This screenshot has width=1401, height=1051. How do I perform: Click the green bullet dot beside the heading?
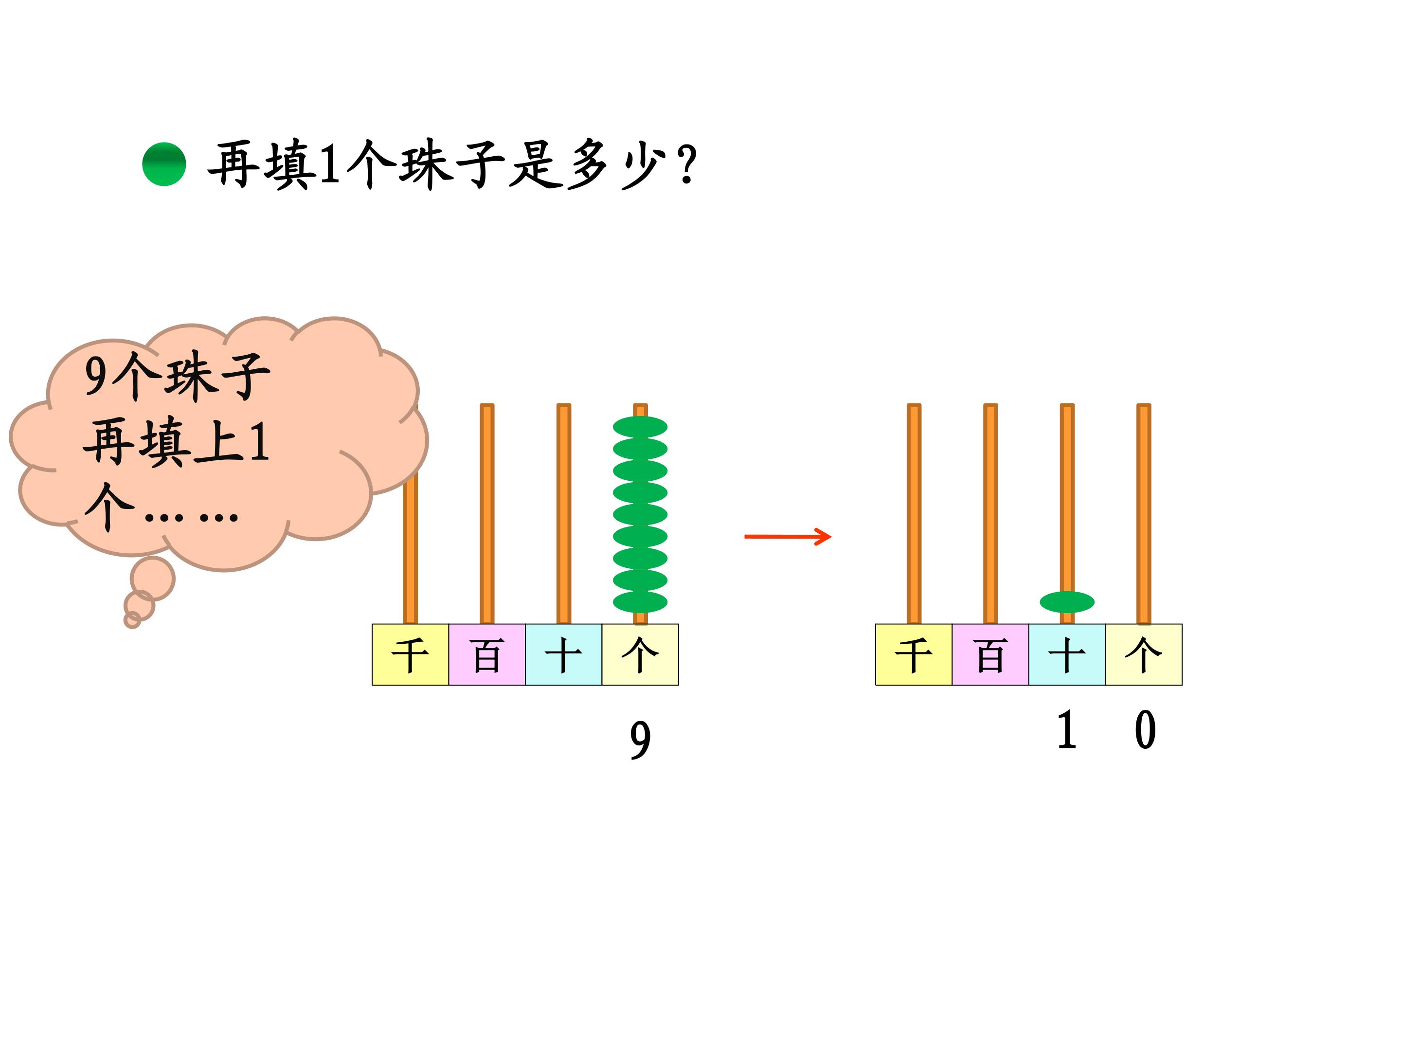coord(164,164)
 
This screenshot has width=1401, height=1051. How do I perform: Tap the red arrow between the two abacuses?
coord(787,537)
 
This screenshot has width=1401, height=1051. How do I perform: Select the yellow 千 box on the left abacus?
coord(411,654)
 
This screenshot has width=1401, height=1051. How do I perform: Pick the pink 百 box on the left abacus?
coord(487,654)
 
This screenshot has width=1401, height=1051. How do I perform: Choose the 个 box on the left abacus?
coord(640,654)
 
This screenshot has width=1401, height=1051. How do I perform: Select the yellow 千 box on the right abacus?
coord(914,654)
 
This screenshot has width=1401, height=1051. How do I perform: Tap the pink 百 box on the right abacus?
coord(990,654)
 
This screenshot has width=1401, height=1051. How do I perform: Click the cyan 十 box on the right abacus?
coord(1067,654)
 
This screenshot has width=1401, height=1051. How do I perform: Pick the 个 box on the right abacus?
coord(1144,654)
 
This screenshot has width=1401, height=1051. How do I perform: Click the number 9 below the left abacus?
coord(640,741)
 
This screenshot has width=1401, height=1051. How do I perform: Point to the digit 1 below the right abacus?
coord(1067,730)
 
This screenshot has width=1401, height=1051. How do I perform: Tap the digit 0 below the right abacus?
coord(1145,730)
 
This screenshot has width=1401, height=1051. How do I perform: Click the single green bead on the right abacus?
coord(1067,602)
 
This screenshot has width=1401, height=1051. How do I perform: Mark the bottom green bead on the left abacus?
coord(640,602)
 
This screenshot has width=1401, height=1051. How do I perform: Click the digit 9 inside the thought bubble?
coord(96,376)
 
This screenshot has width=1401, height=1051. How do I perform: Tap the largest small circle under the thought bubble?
coord(153,579)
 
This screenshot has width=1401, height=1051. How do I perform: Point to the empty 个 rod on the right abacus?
coord(1144,514)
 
